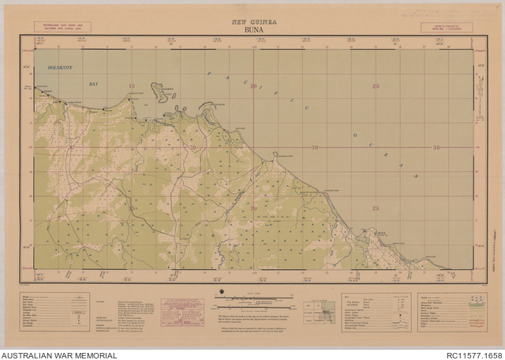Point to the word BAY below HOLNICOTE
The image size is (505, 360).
click(95, 82)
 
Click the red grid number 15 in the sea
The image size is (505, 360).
click(132, 85)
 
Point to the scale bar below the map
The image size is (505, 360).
click(252, 298)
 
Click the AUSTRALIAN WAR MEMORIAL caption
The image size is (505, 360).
click(59, 355)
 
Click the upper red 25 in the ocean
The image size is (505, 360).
click(376, 85)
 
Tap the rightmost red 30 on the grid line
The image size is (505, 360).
click(436, 148)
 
